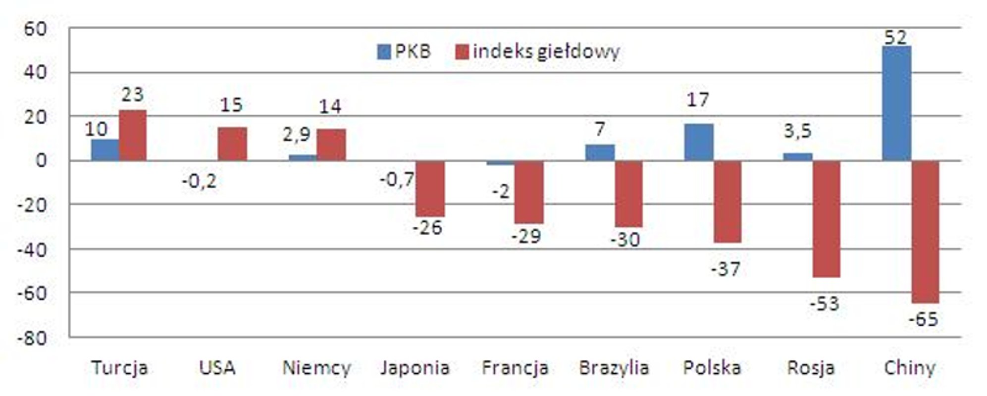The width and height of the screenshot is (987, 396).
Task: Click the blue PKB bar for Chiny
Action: pyautogui.click(x=896, y=103)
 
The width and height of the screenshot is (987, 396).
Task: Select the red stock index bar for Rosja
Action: pyautogui.click(x=826, y=219)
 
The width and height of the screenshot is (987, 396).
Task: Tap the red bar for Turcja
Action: pyautogui.click(x=132, y=135)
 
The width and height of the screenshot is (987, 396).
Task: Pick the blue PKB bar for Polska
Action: pyautogui.click(x=698, y=142)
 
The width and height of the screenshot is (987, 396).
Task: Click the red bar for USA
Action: pyautogui.click(x=232, y=144)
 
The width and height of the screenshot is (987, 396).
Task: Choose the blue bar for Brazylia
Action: pyautogui.click(x=599, y=152)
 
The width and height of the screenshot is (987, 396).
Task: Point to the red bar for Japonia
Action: pyautogui.click(x=430, y=189)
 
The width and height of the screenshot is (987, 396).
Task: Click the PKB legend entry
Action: pyautogui.click(x=404, y=51)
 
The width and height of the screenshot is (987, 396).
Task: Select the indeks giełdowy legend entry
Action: pyautogui.click(x=537, y=51)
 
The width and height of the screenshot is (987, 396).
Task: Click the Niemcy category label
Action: pyautogui.click(x=316, y=368)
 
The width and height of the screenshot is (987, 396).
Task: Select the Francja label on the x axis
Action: pyautogui.click(x=515, y=368)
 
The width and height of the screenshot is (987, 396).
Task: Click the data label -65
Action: pyautogui.click(x=923, y=319)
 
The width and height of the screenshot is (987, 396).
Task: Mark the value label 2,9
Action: pyautogui.click(x=297, y=135)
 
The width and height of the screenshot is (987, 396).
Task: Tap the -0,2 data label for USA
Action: pyautogui.click(x=199, y=182)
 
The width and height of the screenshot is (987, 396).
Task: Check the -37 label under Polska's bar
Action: pyautogui.click(x=726, y=269)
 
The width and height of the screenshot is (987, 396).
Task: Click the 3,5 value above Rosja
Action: pyautogui.click(x=797, y=131)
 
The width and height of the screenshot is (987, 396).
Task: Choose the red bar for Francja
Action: pyautogui.click(x=528, y=192)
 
